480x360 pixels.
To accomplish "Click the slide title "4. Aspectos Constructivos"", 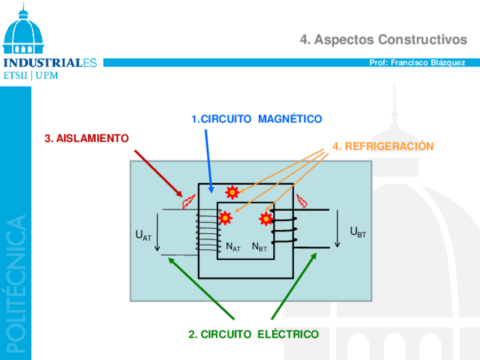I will tap(383, 40).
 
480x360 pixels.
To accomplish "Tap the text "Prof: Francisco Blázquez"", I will tap(417, 63).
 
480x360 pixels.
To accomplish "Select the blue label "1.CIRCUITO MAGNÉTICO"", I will tap(256, 119).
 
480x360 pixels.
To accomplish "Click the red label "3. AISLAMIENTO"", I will tap(87, 138).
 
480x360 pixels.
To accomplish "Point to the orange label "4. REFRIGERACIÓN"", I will tap(383, 147).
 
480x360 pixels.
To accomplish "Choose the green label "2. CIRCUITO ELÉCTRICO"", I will tap(254, 335).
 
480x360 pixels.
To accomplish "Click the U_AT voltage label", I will tap(143, 235).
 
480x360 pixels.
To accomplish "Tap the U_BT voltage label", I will tap(358, 232).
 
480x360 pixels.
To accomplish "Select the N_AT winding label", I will tap(233, 247).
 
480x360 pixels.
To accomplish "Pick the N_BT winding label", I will tap(259, 247).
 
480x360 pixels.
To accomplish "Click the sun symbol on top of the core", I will tap(232, 192).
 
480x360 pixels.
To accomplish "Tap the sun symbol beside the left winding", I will tap(225, 217).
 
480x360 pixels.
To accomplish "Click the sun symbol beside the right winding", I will tap(265, 218).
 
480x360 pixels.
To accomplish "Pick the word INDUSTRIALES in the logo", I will tap(50, 63).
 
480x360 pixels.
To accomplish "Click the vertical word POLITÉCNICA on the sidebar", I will tap(15, 283).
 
